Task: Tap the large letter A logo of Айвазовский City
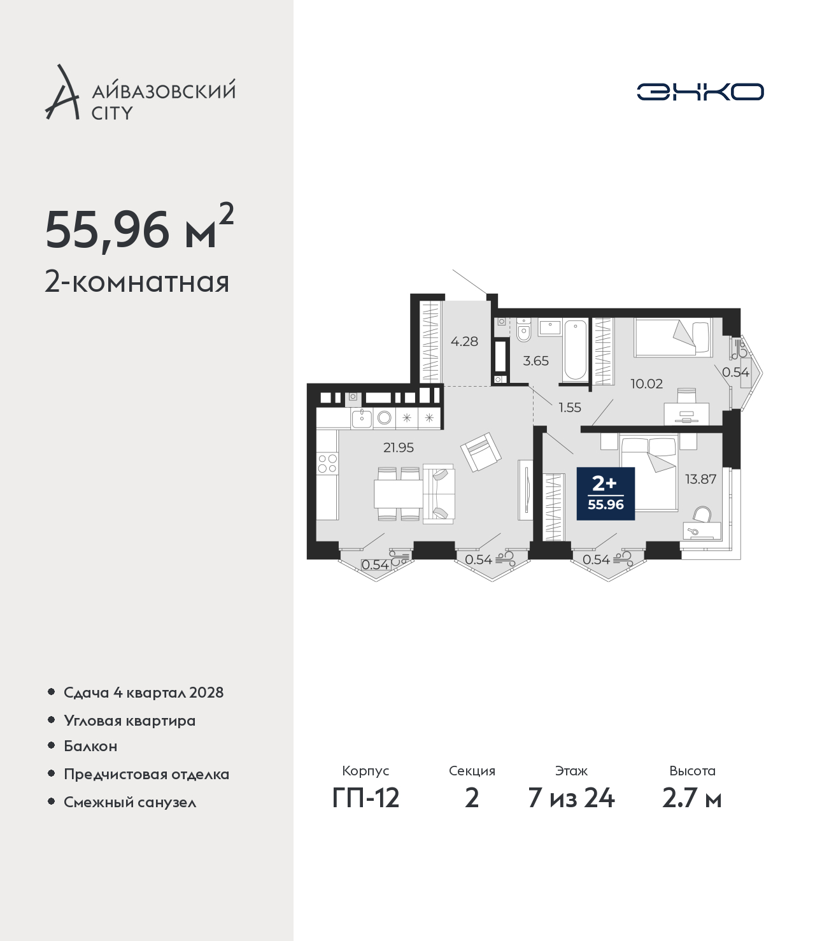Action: pyautogui.click(x=62, y=92)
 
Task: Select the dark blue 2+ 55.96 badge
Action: pyautogui.click(x=606, y=494)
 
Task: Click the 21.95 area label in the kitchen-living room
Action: pyautogui.click(x=399, y=447)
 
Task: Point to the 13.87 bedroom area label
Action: pyautogui.click(x=701, y=479)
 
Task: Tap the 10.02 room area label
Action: pyautogui.click(x=646, y=384)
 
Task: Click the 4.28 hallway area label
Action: pyautogui.click(x=464, y=341)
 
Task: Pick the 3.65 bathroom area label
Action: pyautogui.click(x=535, y=361)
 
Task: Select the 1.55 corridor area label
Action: pyautogui.click(x=570, y=407)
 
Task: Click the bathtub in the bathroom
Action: pyautogui.click(x=575, y=350)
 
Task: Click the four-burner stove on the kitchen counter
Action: pyautogui.click(x=327, y=463)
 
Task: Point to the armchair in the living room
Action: pyautogui.click(x=481, y=452)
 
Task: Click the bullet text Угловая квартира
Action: pyautogui.click(x=130, y=721)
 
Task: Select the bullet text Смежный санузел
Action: pyautogui.click(x=130, y=802)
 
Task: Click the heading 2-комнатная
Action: pyautogui.click(x=137, y=282)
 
